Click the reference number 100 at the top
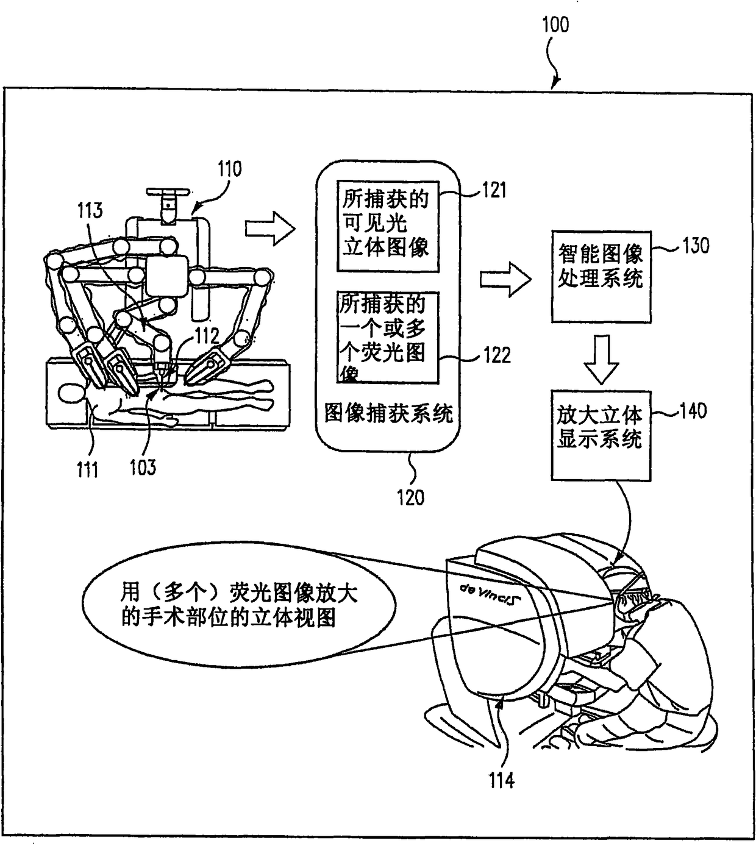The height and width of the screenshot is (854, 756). click(x=555, y=25)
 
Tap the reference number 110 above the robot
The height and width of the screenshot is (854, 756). click(x=229, y=168)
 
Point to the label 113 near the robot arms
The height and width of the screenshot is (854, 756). click(x=90, y=211)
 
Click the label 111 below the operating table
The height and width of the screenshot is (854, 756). click(x=87, y=469)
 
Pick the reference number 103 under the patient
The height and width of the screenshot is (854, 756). click(x=142, y=468)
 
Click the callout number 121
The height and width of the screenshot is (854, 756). click(x=494, y=190)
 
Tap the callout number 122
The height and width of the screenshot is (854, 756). click(x=496, y=355)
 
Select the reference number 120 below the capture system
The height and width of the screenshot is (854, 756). click(x=410, y=497)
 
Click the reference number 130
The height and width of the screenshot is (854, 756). click(x=696, y=246)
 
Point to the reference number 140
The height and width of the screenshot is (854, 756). click(x=693, y=411)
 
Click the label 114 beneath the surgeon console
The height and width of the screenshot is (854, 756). click(x=501, y=780)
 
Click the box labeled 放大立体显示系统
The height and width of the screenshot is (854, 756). click(x=601, y=435)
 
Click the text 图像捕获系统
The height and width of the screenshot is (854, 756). click(x=388, y=414)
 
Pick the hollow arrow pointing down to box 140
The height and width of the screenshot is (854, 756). click(x=601, y=358)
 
